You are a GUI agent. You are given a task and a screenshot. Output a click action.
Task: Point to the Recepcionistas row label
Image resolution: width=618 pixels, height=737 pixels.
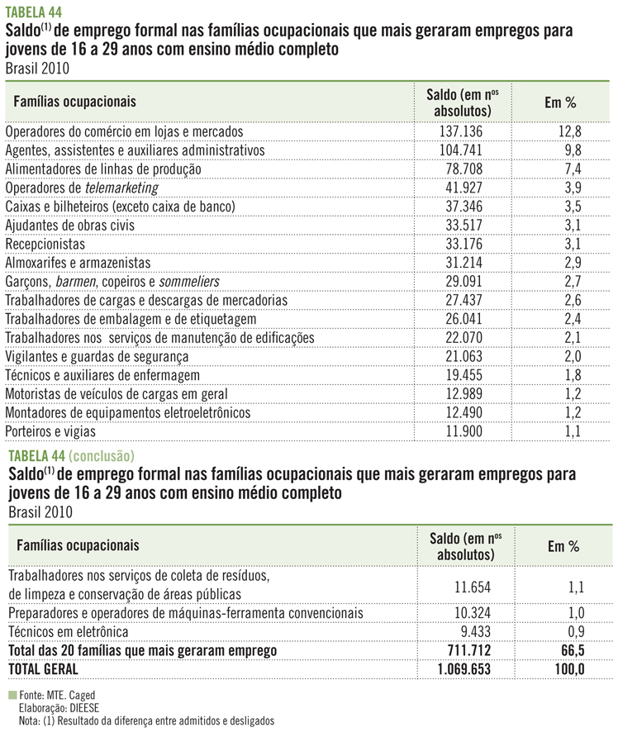45,244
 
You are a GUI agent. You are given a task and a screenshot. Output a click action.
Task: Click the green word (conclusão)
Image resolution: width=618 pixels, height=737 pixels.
101,454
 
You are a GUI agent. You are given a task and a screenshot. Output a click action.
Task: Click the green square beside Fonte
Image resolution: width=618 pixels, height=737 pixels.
10,696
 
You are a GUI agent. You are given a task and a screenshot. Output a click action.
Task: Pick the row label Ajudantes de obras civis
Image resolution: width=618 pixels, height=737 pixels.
69,225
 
